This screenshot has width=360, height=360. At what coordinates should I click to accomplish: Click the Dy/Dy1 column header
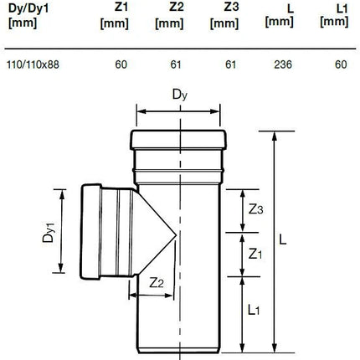click(28, 16)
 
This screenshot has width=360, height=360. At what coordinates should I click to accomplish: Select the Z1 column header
click(115, 16)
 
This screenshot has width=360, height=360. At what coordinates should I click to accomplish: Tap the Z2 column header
click(169, 16)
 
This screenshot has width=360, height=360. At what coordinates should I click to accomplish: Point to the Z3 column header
click(224, 16)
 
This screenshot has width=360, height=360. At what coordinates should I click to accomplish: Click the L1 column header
click(334, 16)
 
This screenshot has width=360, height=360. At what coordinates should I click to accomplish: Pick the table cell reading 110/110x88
click(33, 64)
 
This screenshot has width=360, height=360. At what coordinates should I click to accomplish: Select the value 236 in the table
click(283, 64)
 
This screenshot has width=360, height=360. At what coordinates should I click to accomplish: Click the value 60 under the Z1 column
click(121, 64)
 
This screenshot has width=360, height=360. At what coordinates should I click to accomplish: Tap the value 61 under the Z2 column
click(176, 64)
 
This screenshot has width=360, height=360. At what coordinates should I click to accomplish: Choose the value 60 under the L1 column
click(341, 64)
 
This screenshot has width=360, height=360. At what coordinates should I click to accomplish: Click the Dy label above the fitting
click(180, 95)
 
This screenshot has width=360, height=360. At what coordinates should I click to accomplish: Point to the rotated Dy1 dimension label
click(48, 231)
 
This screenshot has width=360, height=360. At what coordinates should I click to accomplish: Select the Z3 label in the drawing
click(256, 209)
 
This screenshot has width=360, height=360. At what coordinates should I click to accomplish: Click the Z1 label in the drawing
click(255, 254)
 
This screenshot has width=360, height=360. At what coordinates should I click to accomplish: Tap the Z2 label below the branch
click(157, 283)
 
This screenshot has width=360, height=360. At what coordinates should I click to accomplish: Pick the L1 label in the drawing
click(254, 310)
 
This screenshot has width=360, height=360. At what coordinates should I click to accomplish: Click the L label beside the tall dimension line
click(283, 239)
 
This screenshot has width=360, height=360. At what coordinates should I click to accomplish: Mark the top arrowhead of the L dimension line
click(275, 136)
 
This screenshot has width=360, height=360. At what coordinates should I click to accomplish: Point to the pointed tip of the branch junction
click(176, 236)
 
